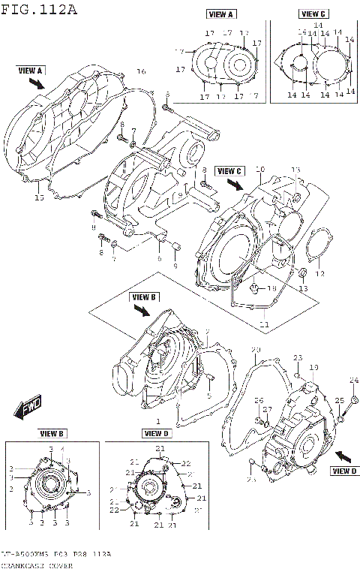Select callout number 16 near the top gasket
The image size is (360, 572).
pyautogui.click(x=140, y=71)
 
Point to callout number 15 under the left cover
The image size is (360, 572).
pyautogui.click(x=39, y=197)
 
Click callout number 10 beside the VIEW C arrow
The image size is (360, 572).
pyautogui.click(x=260, y=170)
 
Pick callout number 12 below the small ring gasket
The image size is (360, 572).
pyautogui.click(x=320, y=273)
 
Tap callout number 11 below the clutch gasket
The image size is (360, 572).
pyautogui.click(x=263, y=324)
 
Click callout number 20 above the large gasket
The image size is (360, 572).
pyautogui.click(x=256, y=351)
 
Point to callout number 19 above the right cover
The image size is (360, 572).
pyautogui.click(x=314, y=367)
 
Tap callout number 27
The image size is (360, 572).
pyautogui.click(x=267, y=409)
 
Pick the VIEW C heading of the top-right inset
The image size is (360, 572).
pyautogui.click(x=313, y=14)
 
